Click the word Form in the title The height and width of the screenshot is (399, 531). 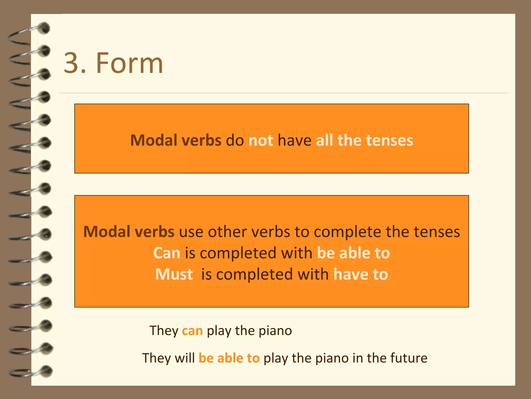129,63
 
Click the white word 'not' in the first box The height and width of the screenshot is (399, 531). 261,140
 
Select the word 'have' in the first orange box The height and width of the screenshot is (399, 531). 295,140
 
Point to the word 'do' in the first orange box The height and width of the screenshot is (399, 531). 235,140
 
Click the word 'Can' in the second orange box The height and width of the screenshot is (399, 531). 167,253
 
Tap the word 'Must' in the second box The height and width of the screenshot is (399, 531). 174,274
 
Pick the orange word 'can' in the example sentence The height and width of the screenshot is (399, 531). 192,331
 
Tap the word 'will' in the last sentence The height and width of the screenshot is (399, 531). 185,358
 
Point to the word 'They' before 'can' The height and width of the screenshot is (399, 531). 164,331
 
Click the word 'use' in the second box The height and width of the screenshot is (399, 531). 191,232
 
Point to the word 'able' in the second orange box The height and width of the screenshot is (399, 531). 354,253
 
